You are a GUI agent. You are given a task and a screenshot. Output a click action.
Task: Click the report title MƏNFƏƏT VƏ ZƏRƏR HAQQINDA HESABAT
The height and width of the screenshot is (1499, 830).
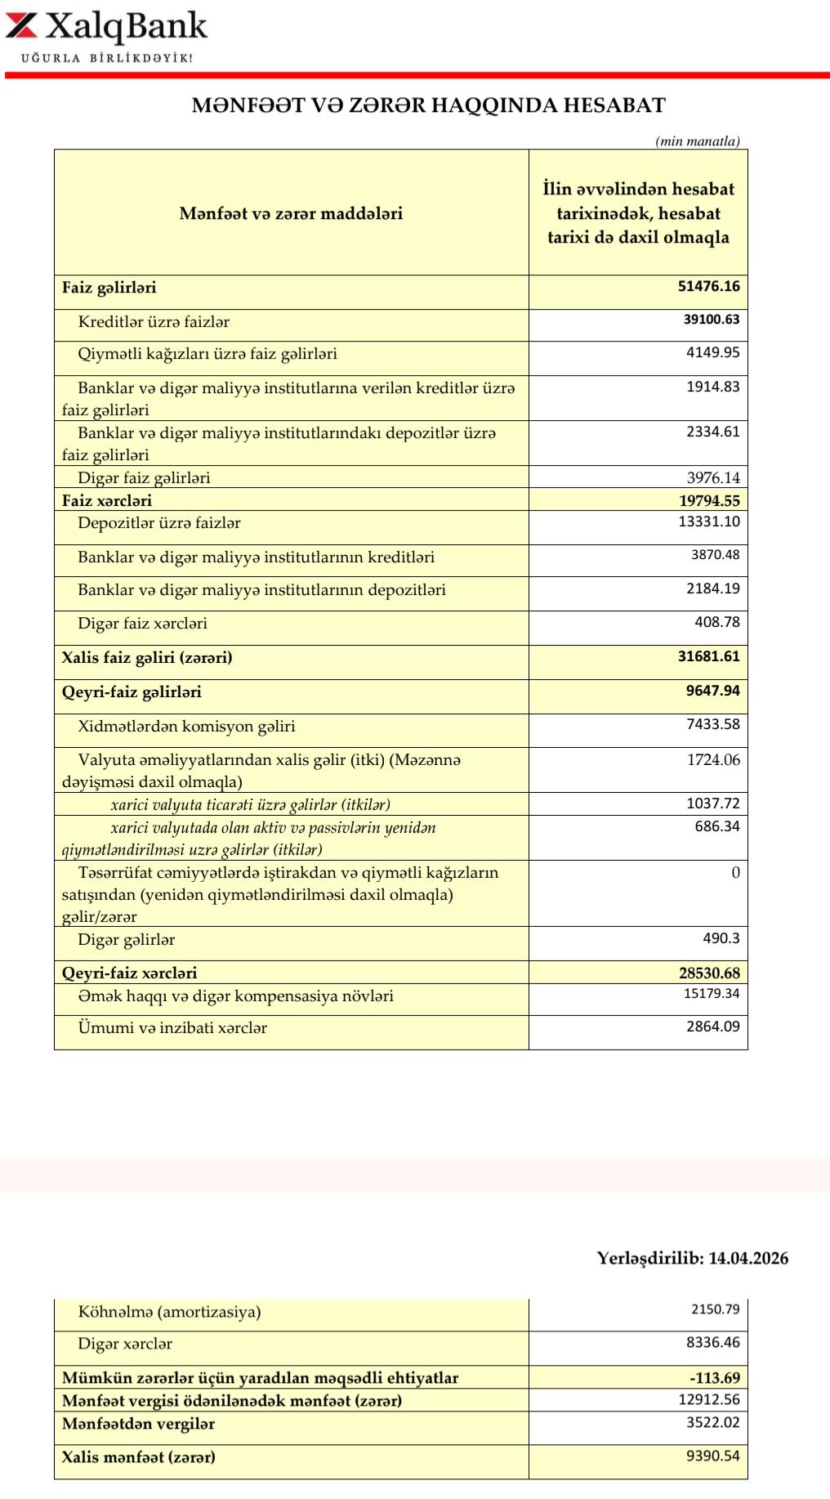pyautogui.click(x=429, y=105)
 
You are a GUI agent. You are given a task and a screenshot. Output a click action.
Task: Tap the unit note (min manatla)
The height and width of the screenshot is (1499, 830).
pyautogui.click(x=698, y=141)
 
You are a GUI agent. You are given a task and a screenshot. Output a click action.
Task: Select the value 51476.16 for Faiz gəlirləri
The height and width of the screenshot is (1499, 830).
pyautogui.click(x=709, y=286)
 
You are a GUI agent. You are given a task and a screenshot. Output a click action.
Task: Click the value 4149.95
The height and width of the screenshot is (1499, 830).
pyautogui.click(x=713, y=352)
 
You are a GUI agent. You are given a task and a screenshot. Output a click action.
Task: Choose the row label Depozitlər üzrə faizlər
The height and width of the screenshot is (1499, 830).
pyautogui.click(x=159, y=523)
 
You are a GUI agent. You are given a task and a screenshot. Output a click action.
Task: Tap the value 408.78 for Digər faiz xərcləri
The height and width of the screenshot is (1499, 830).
pyautogui.click(x=717, y=622)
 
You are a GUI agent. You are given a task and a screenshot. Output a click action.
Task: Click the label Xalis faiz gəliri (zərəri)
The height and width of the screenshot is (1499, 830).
pyautogui.click(x=147, y=657)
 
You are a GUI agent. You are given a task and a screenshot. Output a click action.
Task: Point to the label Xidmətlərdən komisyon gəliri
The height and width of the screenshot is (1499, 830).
pyautogui.click(x=186, y=726)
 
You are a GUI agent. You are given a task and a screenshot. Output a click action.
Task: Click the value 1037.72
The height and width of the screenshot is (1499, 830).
pyautogui.click(x=713, y=803)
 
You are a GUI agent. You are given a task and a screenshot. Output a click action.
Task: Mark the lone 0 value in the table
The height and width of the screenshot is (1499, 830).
pyautogui.click(x=735, y=873)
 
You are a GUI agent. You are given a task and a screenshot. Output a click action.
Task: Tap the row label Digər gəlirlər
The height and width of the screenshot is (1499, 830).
pyautogui.click(x=126, y=940)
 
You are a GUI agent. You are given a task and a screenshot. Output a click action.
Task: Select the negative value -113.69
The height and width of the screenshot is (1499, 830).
pyautogui.click(x=714, y=1378)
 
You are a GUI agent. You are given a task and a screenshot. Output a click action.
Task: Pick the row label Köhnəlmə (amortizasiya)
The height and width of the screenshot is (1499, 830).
pyautogui.click(x=169, y=1312)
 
